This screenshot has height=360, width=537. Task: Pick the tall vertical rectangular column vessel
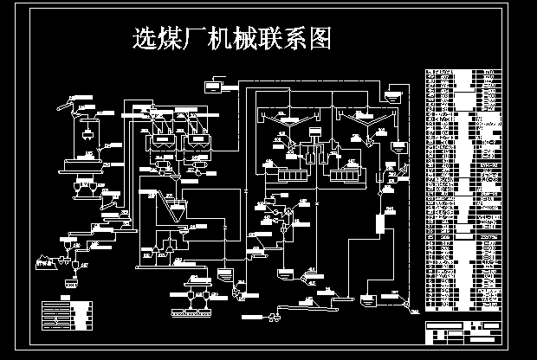pyautogui.click(x=379, y=224)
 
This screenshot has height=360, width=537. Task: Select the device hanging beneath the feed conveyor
pyautogui.click(x=88, y=134)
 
